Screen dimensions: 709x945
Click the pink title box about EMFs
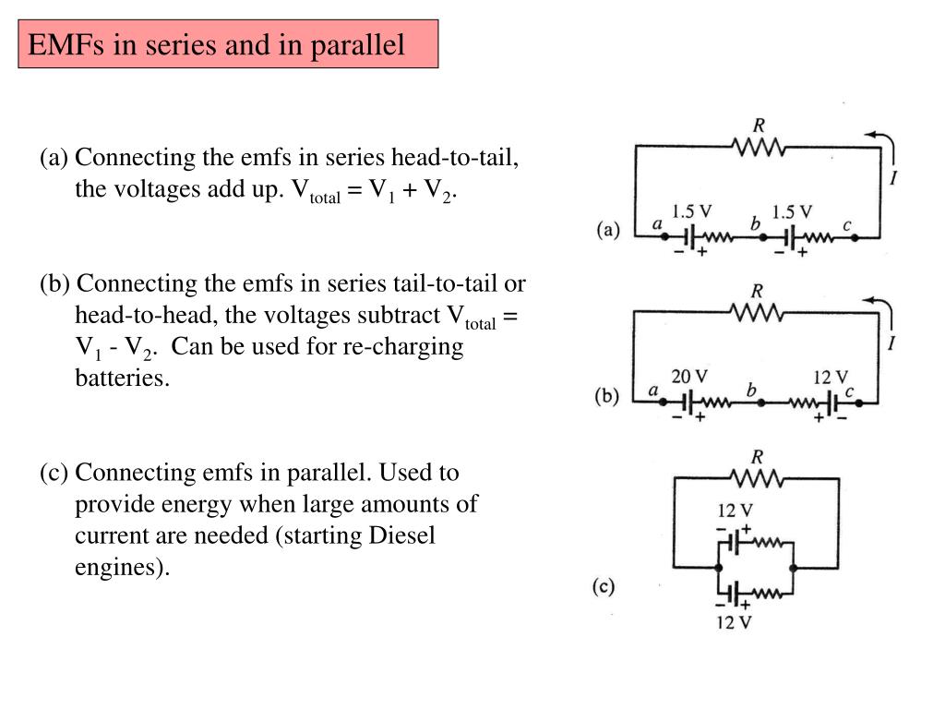point(228,44)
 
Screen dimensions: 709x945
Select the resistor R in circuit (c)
point(758,477)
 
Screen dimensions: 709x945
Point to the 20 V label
point(689,377)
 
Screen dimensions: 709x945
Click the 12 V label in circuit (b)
point(831,377)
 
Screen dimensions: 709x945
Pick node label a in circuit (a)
point(657,223)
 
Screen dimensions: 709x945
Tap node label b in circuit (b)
point(752,391)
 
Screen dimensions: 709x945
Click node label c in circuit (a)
point(847,223)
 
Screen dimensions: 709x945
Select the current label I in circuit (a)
point(893,177)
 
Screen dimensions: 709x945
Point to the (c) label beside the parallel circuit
point(604,586)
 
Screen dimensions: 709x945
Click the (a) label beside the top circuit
point(608,229)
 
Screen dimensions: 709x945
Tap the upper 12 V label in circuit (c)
point(736,511)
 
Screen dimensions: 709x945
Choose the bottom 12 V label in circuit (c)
point(736,622)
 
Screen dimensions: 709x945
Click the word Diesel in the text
point(401,535)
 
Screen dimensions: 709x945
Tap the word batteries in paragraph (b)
point(122,379)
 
